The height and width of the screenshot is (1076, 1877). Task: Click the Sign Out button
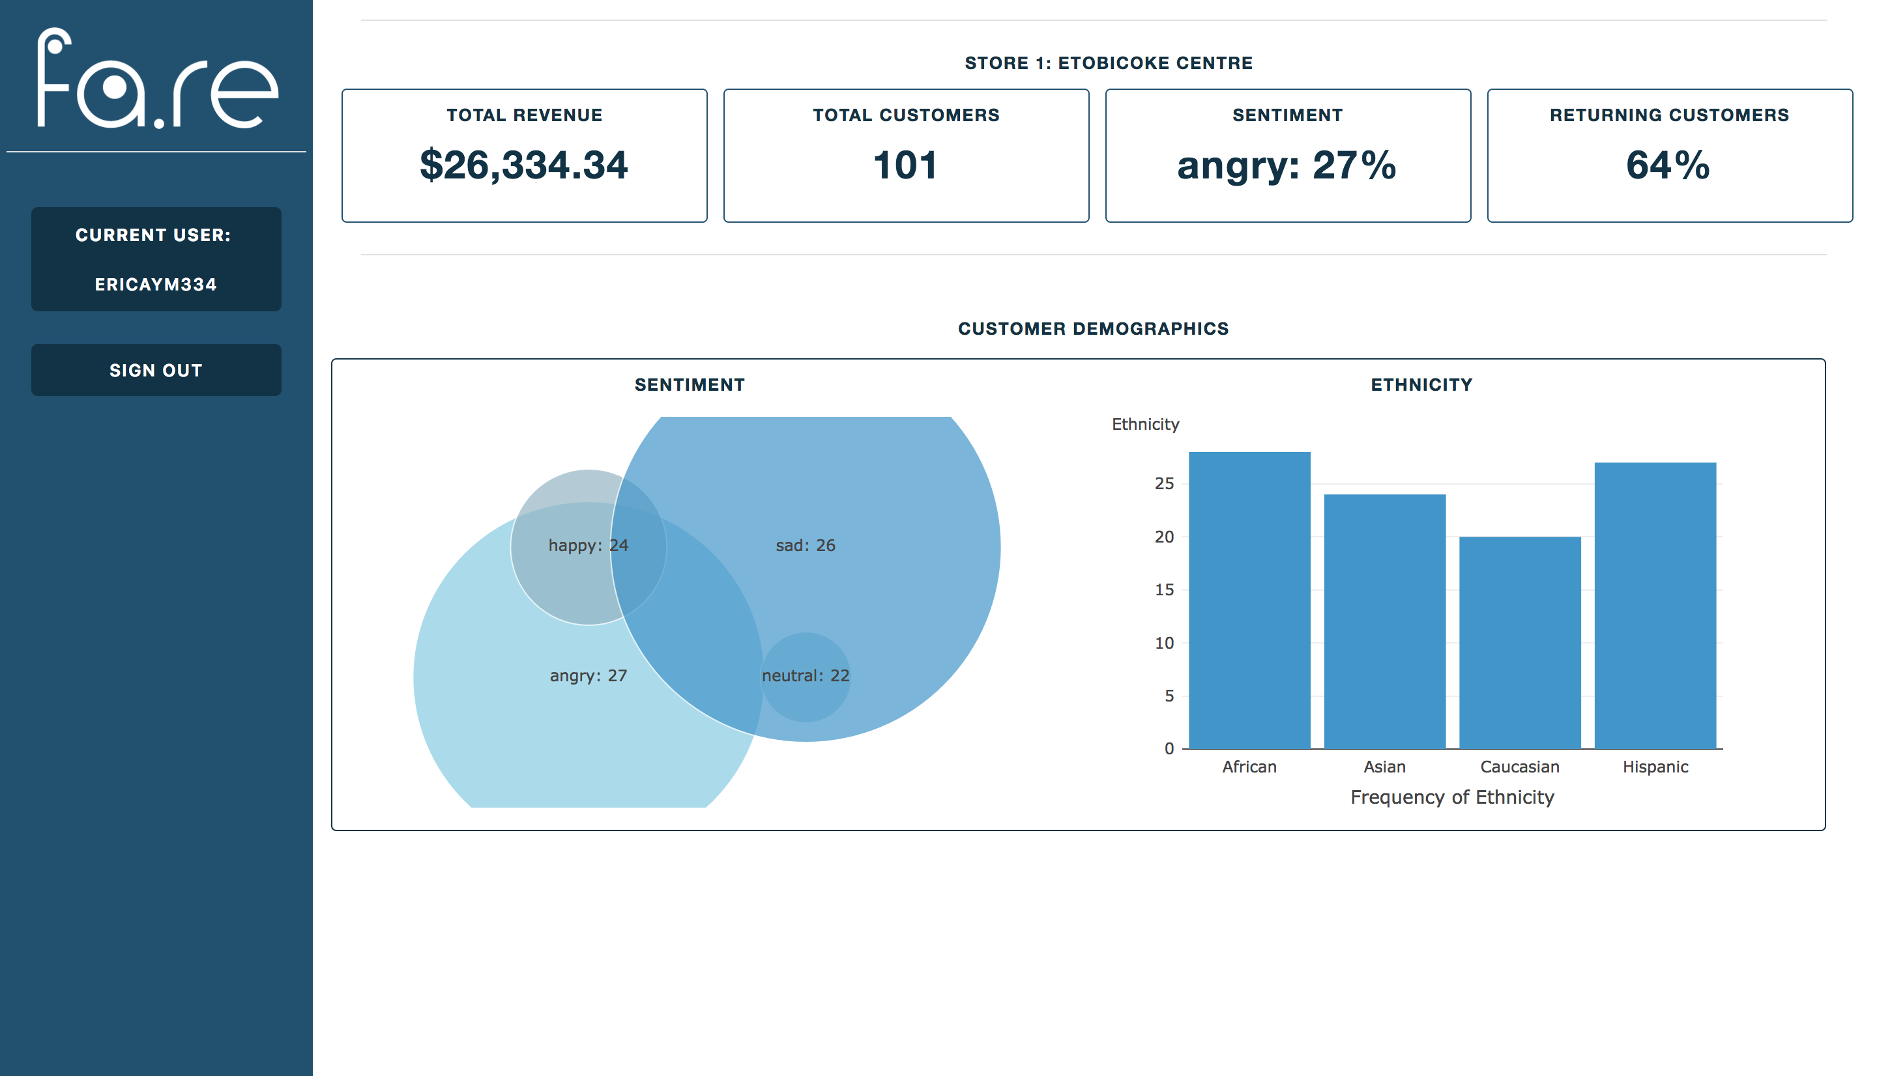(156, 369)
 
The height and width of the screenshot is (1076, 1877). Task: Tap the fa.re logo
(158, 79)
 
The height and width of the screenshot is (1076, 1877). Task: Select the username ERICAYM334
(156, 285)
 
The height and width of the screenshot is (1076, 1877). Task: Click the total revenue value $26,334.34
(523, 165)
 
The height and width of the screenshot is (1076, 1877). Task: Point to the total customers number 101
(906, 165)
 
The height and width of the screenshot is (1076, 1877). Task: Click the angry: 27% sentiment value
(1287, 165)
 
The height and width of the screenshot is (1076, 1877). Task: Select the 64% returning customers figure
(1668, 165)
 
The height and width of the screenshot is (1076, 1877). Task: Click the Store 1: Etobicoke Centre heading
(1108, 63)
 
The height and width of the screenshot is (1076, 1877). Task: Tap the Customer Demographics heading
(1093, 329)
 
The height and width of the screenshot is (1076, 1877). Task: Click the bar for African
(1249, 600)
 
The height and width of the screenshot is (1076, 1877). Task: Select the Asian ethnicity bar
(1385, 621)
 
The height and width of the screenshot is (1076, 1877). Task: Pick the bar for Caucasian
(1520, 642)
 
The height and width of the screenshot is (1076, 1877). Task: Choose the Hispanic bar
(1655, 605)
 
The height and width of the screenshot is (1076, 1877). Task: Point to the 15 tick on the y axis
(1165, 589)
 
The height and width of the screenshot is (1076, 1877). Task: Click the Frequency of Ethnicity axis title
(1452, 797)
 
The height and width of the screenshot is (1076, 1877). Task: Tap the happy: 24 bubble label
(588, 545)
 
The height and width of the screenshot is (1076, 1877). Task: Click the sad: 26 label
(805, 545)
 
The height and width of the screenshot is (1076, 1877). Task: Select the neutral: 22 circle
(806, 675)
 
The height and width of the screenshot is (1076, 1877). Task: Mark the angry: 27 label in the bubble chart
(588, 675)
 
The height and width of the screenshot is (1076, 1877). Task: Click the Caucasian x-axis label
(1520, 767)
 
